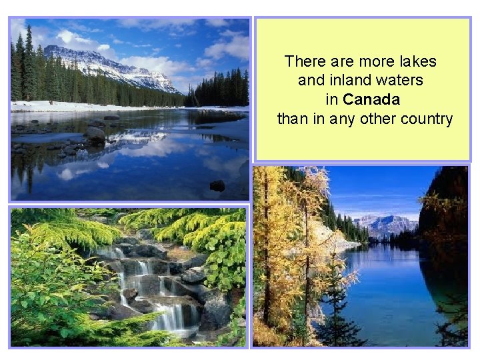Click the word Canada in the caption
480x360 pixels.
372,100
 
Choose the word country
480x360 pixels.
426,119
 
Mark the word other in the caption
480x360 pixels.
377,119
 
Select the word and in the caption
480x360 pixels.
311,81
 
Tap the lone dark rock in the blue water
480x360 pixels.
217,185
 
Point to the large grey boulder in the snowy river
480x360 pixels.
94,133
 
